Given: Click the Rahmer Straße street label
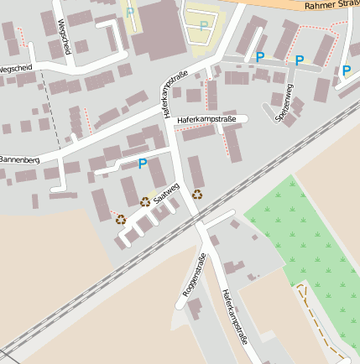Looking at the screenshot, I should (332, 6).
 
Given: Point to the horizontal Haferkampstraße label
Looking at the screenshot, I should (206, 121).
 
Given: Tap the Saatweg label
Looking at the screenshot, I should (166, 192).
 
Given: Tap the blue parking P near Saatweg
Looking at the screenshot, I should (142, 164).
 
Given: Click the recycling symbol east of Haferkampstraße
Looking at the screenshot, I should (197, 195).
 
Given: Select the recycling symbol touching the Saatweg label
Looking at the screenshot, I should (145, 201).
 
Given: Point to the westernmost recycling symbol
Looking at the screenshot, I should (121, 220).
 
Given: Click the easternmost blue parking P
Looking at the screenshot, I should (347, 71).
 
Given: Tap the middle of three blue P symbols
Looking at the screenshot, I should (300, 60).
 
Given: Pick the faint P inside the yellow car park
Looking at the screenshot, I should (204, 26).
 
